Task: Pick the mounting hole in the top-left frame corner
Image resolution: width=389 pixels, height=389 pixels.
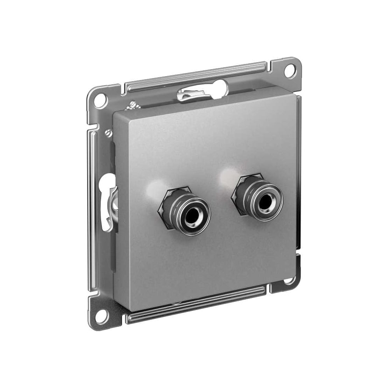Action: point(100,101)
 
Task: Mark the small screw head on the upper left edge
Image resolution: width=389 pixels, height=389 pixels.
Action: point(109,133)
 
